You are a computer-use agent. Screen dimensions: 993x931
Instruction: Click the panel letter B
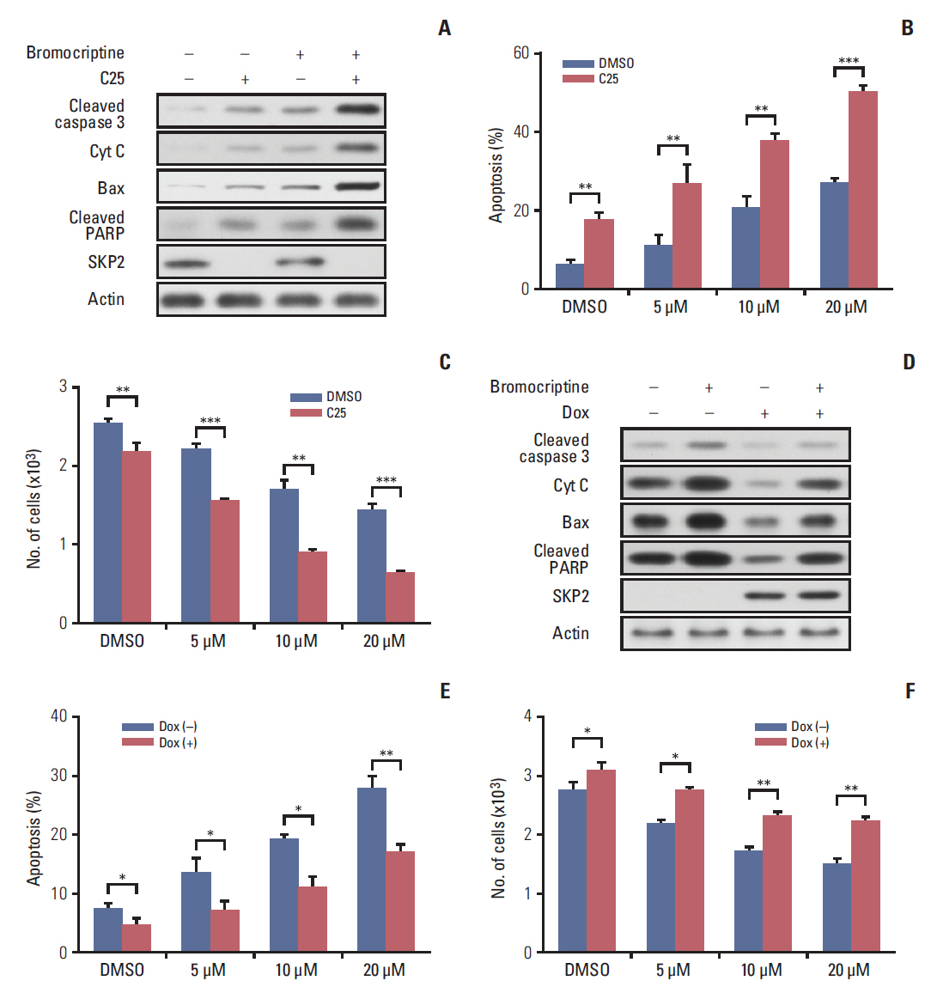[x=907, y=28]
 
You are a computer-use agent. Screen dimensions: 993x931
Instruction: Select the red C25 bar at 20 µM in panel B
[x=862, y=189]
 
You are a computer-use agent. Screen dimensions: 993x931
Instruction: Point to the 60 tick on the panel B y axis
[x=521, y=53]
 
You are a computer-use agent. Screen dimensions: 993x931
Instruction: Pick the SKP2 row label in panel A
[x=106, y=262]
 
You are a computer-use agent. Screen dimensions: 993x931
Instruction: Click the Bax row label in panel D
[x=575, y=522]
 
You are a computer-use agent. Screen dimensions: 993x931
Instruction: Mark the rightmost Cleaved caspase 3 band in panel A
[x=357, y=109]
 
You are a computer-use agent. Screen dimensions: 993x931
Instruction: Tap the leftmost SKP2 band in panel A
[x=186, y=263]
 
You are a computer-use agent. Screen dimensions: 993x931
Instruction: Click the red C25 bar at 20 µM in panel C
[x=400, y=597]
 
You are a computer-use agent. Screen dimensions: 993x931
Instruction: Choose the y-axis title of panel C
[x=34, y=509]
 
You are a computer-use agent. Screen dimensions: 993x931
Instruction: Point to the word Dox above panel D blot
[x=575, y=412]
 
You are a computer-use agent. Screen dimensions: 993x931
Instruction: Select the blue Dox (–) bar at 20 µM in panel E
[x=372, y=869]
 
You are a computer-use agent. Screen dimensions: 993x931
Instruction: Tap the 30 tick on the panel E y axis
[x=59, y=776]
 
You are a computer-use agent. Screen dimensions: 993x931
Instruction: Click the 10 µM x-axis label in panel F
[x=761, y=970]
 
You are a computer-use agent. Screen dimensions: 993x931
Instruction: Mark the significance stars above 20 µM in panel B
[x=849, y=61]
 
